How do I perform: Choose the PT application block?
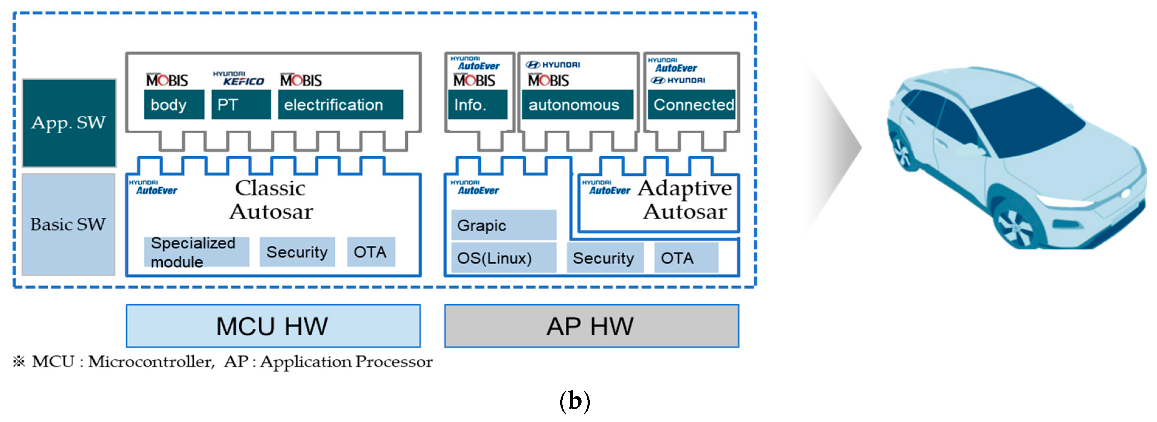coord(241,105)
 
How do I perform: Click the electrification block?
coord(340,105)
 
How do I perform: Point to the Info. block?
coord(478,105)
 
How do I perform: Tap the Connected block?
coord(691,105)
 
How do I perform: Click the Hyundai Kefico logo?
coord(239,79)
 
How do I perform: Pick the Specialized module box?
coord(196,252)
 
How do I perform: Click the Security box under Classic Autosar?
coord(297,252)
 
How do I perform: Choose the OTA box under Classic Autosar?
coord(371,252)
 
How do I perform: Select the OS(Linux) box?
coord(503,258)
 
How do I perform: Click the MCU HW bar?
coord(273,326)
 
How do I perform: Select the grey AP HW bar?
coord(591,326)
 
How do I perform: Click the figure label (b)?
coord(575,400)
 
